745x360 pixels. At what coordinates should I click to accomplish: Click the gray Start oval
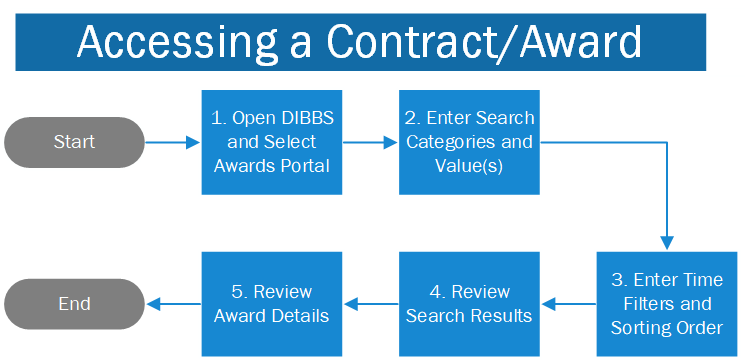click(75, 142)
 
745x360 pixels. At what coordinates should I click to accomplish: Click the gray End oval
click(75, 304)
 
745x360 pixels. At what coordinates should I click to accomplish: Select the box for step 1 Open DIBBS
click(272, 142)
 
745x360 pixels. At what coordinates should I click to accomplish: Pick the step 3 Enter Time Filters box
click(666, 304)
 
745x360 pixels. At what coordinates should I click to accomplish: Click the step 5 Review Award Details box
click(272, 304)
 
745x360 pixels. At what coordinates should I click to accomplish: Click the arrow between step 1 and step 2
click(370, 142)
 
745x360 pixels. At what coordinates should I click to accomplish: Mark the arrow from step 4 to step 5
click(370, 304)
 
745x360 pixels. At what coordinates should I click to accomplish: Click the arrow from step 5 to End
click(173, 304)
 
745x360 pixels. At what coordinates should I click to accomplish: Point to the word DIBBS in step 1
click(305, 119)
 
